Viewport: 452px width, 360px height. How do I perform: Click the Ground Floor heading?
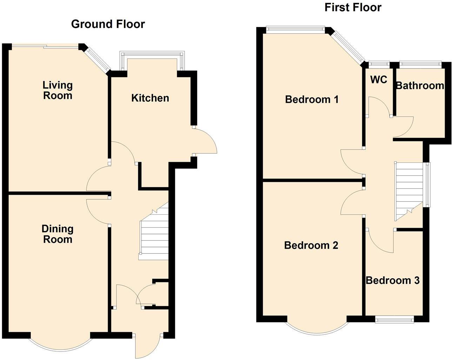pyautogui.click(x=108, y=24)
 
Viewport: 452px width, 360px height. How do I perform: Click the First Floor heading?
pyautogui.click(x=353, y=7)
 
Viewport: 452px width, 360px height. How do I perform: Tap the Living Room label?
pyautogui.click(x=58, y=90)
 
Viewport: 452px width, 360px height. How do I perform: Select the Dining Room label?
pyautogui.click(x=58, y=234)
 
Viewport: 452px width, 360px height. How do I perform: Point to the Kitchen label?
pyautogui.click(x=150, y=98)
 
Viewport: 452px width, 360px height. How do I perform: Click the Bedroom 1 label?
pyautogui.click(x=312, y=100)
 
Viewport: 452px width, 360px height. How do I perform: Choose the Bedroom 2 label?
pyautogui.click(x=311, y=245)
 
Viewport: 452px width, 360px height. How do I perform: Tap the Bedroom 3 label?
pyautogui.click(x=392, y=280)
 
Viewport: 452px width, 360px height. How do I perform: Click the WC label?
pyautogui.click(x=379, y=80)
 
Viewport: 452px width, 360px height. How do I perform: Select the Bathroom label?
pyautogui.click(x=420, y=86)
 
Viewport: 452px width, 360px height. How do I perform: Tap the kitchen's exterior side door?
pyautogui.click(x=206, y=141)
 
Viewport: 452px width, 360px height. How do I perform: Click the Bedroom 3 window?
pyautogui.click(x=394, y=319)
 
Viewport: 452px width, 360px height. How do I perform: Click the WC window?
pyautogui.click(x=379, y=64)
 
